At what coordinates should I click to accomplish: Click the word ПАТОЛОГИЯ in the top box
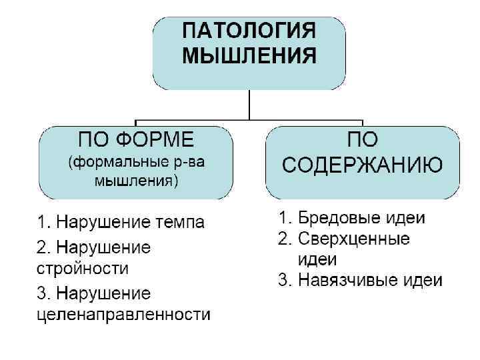(249, 31)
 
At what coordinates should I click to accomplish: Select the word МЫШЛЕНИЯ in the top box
(249, 55)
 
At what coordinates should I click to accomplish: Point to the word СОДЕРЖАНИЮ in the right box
(363, 164)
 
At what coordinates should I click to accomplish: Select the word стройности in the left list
(81, 269)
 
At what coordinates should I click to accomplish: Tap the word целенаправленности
(123, 315)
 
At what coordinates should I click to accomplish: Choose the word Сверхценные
(353, 239)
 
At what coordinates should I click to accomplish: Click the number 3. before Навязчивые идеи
(285, 281)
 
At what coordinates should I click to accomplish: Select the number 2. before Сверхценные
(285, 239)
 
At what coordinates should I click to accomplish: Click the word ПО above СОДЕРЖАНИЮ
(363, 139)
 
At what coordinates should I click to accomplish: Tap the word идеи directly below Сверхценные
(317, 259)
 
